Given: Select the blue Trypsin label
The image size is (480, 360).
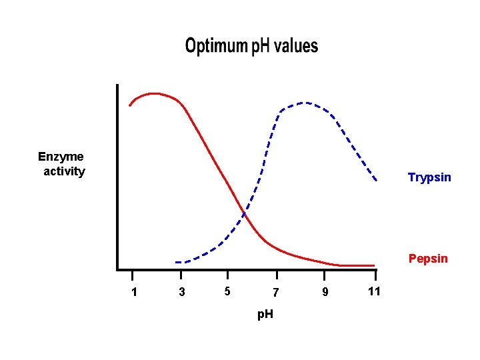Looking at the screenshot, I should click(429, 177).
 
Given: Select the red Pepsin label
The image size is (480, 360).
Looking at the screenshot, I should click(428, 259).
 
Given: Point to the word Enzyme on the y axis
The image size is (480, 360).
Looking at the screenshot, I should click(61, 157).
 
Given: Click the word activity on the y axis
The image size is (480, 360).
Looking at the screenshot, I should click(64, 172).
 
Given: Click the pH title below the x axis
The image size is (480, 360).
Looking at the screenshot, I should click(265, 313).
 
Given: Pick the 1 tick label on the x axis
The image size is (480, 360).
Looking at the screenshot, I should click(134, 292).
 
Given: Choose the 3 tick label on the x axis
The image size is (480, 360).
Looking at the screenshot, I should click(182, 292).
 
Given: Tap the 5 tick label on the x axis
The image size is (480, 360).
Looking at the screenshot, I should click(227, 291).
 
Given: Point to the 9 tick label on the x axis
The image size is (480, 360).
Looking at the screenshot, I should click(325, 292).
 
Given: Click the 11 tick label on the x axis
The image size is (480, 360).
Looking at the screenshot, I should click(374, 291).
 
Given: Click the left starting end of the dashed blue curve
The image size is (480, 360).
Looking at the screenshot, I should click(176, 262).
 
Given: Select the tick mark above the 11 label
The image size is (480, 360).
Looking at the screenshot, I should click(375, 275).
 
